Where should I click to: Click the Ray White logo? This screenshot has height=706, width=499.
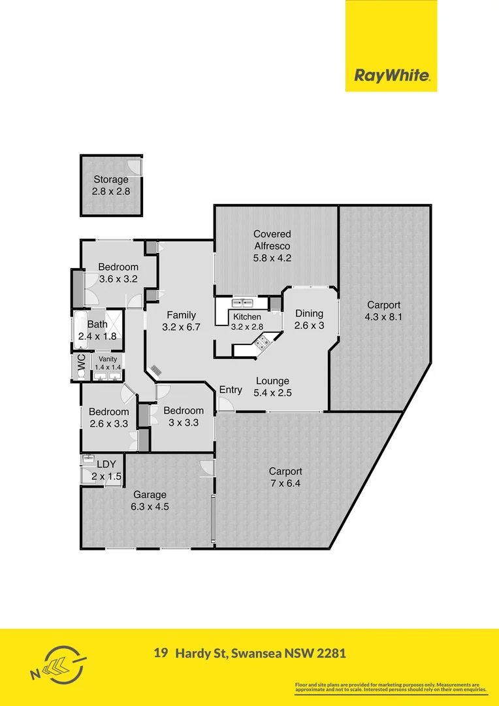click(x=391, y=75)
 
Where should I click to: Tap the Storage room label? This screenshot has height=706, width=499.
click(x=110, y=180)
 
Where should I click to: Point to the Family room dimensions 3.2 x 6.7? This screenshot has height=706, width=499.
click(x=181, y=327)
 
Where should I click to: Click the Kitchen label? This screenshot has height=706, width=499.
click(x=247, y=317)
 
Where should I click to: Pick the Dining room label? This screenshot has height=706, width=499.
click(x=310, y=313)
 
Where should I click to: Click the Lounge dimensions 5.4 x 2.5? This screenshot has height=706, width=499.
click(x=272, y=394)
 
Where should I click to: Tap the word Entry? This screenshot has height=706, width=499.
click(x=231, y=390)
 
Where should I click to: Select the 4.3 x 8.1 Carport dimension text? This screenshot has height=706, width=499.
click(x=383, y=316)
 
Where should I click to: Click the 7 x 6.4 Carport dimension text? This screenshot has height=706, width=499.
click(x=285, y=484)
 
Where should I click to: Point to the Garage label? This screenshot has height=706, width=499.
click(x=150, y=495)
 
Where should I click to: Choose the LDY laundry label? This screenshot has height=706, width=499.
click(x=106, y=465)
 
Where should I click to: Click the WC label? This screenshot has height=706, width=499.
click(x=82, y=366)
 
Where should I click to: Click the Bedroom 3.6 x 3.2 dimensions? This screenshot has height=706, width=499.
click(x=118, y=278)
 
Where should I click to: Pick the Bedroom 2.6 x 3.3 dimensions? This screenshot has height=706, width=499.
click(x=109, y=424)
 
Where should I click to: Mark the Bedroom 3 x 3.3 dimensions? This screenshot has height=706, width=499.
click(x=184, y=422)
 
